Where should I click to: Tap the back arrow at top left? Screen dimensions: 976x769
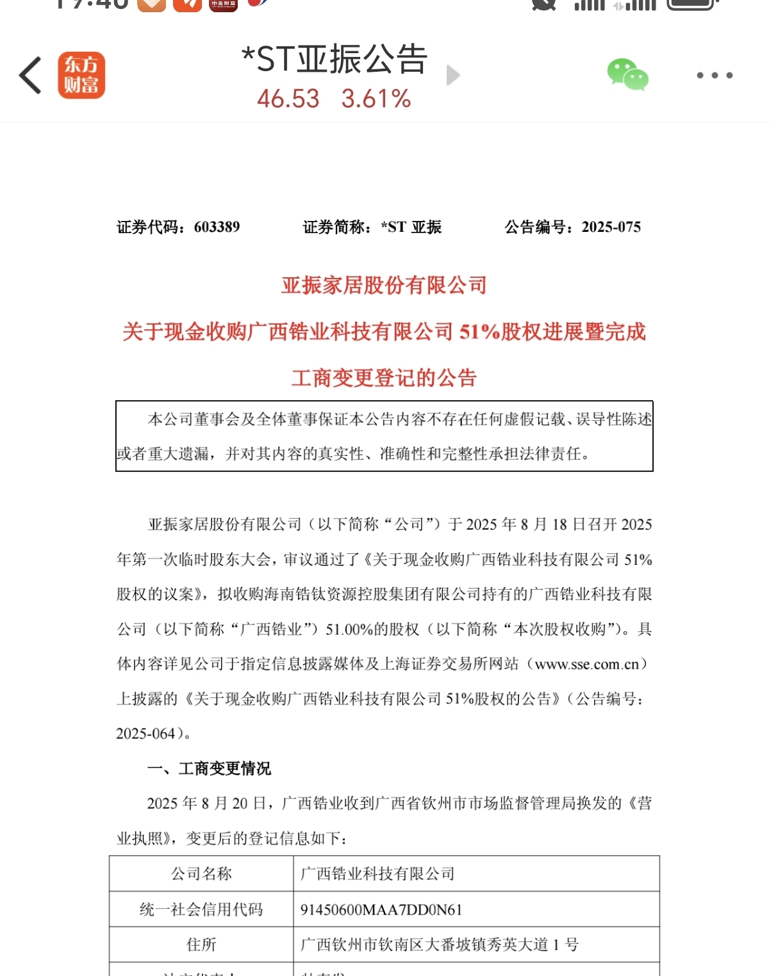coord(31,76)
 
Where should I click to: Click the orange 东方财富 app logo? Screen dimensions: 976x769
coord(81,76)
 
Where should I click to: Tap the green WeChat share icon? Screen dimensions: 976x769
coord(627,75)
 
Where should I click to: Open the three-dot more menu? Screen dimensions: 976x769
coord(715,76)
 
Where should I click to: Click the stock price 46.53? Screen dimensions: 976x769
coord(288,99)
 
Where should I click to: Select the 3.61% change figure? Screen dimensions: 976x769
coord(376,99)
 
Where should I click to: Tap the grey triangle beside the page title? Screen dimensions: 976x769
coord(453,76)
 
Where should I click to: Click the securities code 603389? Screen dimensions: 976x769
coord(217,227)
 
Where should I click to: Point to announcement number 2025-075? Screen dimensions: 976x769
coord(611,227)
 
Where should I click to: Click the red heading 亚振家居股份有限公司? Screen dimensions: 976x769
coord(384,286)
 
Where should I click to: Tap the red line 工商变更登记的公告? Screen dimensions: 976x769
coord(384,378)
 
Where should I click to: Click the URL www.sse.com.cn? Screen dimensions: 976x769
coord(586,664)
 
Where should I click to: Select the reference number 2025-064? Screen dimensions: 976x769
coord(145,734)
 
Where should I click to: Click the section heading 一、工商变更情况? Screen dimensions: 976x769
coord(210,769)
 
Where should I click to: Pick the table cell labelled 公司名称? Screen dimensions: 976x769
coord(201,874)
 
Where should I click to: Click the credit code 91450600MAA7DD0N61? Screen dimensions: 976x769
coord(381,909)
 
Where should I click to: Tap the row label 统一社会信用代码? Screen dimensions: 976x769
coord(201,909)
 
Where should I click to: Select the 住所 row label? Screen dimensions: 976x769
coord(201,945)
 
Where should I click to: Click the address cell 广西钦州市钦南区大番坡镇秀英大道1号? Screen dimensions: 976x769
coord(440,945)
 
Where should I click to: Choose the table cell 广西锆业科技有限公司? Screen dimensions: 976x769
coord(377,874)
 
